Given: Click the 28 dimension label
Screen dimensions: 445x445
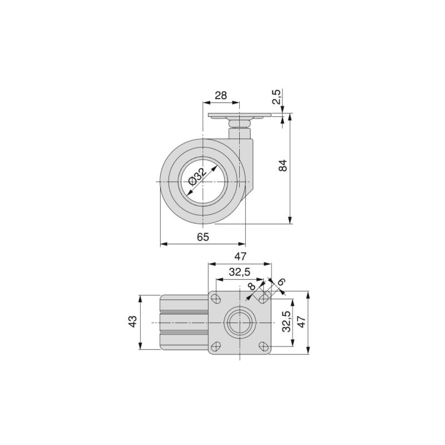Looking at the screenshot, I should pyautogui.click(x=221, y=95).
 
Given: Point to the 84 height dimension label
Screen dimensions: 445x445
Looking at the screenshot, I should pyautogui.click(x=283, y=165).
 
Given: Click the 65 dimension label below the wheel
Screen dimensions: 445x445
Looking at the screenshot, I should pyautogui.click(x=203, y=237).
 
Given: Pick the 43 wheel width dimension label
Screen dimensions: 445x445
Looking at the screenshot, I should pyautogui.click(x=132, y=322).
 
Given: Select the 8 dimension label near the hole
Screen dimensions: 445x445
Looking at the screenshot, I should pyautogui.click(x=251, y=286).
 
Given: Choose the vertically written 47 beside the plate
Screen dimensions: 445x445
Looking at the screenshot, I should pyautogui.click(x=301, y=322).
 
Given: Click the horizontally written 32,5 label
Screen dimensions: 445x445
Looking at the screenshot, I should pyautogui.click(x=240, y=271).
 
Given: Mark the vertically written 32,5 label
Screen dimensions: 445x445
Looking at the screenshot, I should pyautogui.click(x=286, y=322).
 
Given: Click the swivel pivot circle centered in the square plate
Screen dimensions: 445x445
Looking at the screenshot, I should pyautogui.click(x=239, y=323).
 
